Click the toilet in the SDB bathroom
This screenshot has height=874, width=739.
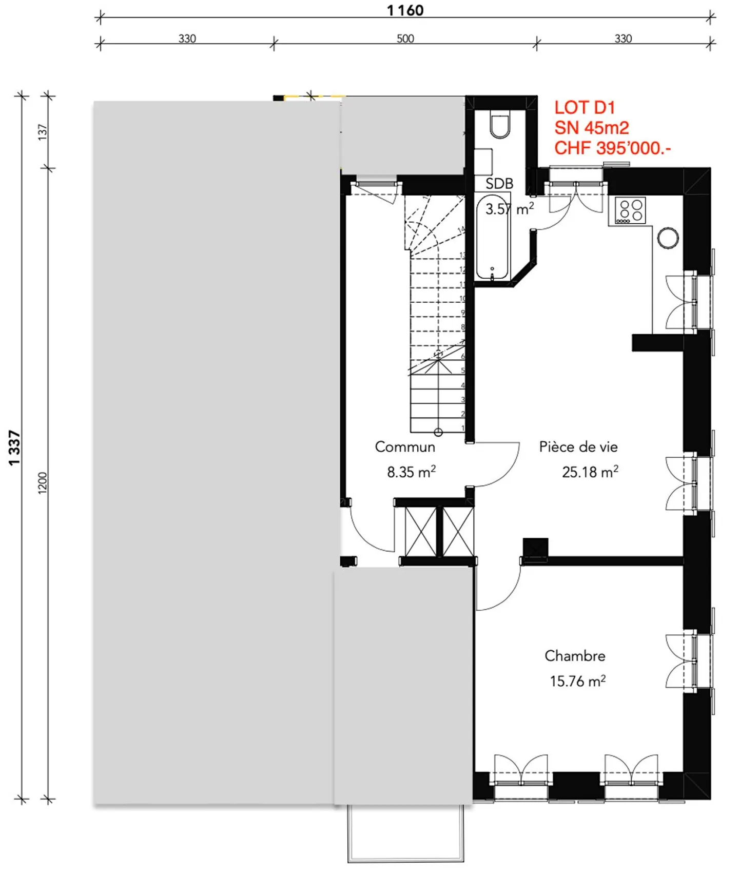[499, 126]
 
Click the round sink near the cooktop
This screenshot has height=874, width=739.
[668, 238]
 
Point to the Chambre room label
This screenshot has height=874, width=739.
[575, 656]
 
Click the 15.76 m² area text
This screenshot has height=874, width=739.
[577, 681]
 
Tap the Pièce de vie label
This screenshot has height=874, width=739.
[578, 447]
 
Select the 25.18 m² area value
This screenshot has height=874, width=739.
[590, 472]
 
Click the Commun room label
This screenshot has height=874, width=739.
[405, 447]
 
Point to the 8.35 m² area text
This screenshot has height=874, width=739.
[411, 472]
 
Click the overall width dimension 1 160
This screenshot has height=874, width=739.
[405, 10]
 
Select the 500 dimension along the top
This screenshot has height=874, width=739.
[405, 38]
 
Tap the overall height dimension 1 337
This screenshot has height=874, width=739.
[14, 448]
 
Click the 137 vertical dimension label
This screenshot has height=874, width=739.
[43, 132]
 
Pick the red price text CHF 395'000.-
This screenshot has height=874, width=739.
[612, 148]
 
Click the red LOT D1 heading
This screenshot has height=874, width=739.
[584, 108]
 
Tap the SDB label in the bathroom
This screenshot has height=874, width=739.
[499, 184]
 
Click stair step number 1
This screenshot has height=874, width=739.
[462, 428]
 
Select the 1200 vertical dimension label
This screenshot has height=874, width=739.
[43, 483]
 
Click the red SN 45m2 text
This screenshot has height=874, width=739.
[591, 128]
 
